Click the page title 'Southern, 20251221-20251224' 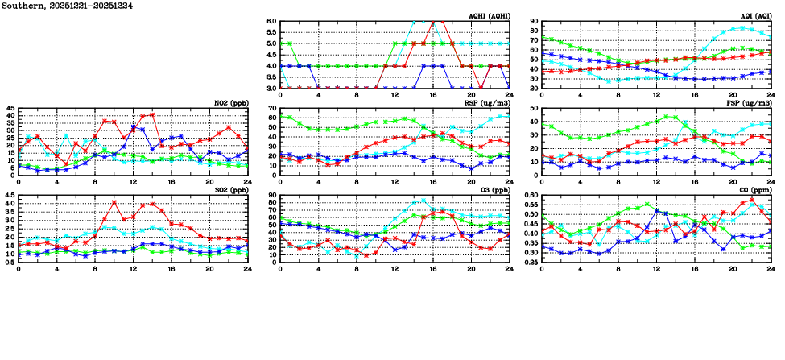[x=67, y=6]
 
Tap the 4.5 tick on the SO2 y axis [x=9, y=196]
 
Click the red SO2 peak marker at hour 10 [x=114, y=202]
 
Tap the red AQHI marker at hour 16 [x=433, y=22]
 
